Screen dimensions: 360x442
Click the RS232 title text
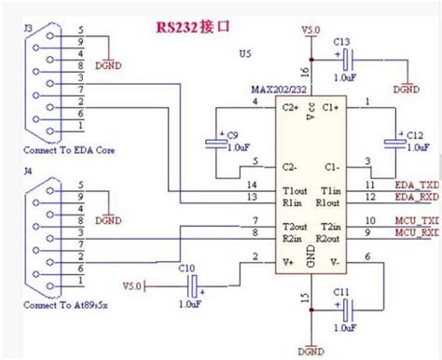[x=192, y=27]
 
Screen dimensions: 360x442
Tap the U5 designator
[x=244, y=54]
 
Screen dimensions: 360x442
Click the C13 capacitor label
[x=340, y=42]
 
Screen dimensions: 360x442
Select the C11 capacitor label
[x=341, y=293]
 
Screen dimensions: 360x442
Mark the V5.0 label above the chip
[x=311, y=31]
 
